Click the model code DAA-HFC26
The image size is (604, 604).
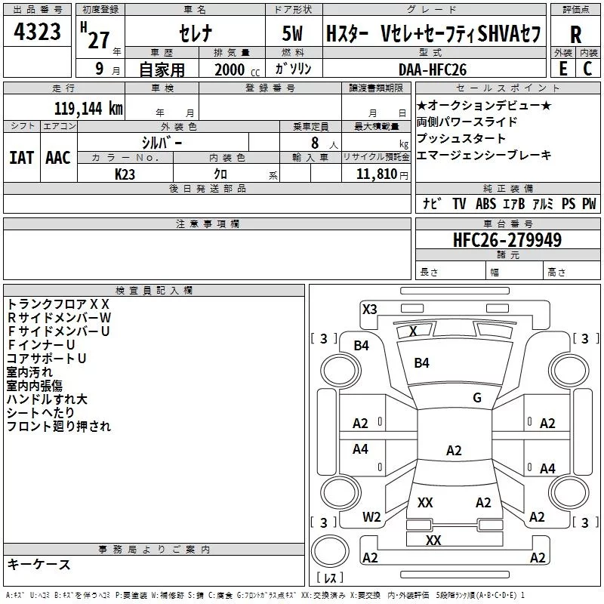coord(433,69)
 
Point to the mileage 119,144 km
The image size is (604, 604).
coord(88,107)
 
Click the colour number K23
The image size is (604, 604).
coord(125,174)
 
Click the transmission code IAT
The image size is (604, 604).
coord(21,157)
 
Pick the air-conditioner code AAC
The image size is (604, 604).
coord(57,157)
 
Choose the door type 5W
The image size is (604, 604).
coord(292,35)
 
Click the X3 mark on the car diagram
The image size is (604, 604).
coord(369,308)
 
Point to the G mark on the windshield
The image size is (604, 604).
coord(476,397)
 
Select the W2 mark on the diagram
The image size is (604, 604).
coord(371,517)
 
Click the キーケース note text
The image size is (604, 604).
coord(39,565)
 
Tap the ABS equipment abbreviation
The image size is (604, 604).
coord(485,204)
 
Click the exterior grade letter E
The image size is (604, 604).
coord(562,69)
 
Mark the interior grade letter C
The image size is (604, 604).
coord(587,69)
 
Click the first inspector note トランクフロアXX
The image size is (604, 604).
coord(58,304)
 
